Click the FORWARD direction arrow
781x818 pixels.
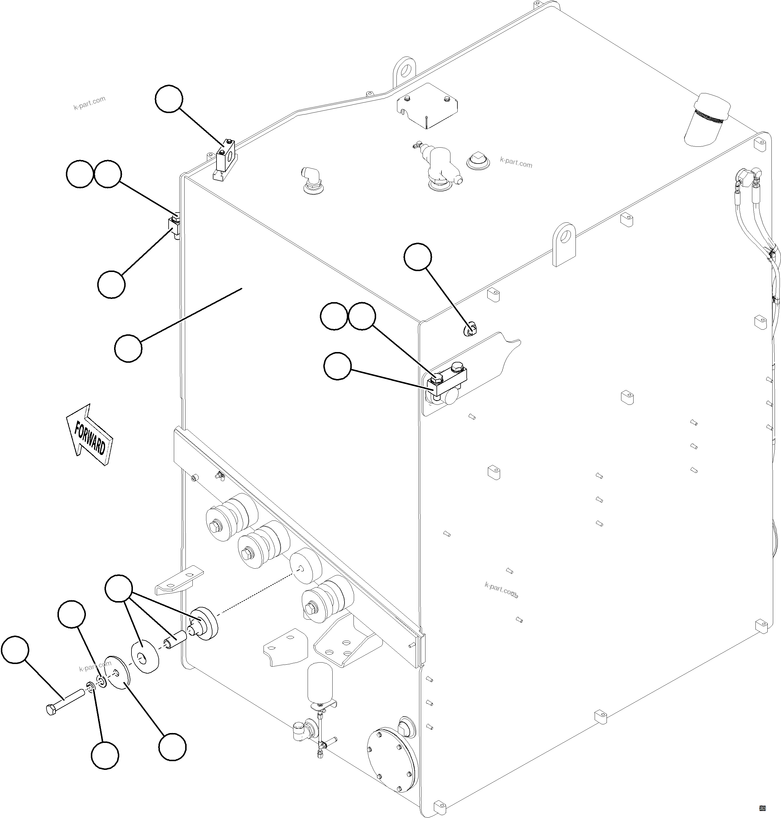click(89, 435)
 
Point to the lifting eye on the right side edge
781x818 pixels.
click(564, 243)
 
